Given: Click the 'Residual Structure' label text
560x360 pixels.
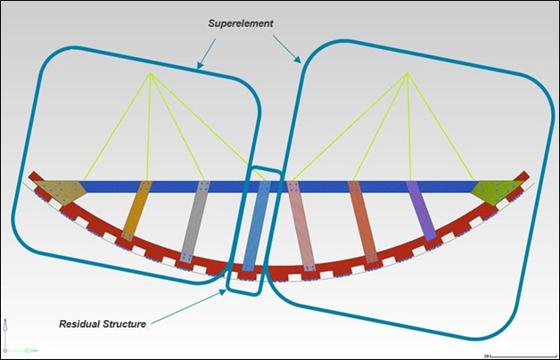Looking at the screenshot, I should point(103,323).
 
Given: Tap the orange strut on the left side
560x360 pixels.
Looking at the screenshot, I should point(136,211).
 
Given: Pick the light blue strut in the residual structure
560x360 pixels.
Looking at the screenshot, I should point(255,226).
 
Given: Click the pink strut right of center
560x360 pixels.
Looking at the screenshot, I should point(301,226).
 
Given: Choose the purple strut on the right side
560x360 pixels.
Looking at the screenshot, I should point(421,210).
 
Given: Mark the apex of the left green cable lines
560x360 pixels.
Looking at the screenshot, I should point(152,73).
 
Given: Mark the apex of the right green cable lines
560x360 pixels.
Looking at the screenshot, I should point(408,74).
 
